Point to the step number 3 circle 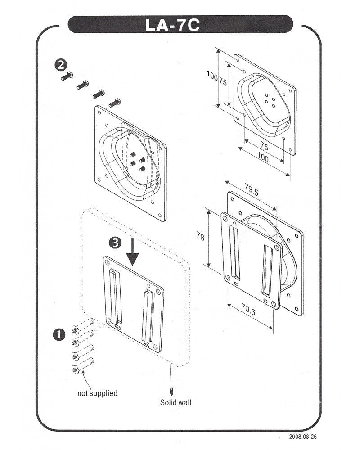click(115, 242)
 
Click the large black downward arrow click(133, 254)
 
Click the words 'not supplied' click(97, 393)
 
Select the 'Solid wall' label click(175, 402)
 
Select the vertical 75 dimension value click(223, 82)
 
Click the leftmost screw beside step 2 click(66, 76)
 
